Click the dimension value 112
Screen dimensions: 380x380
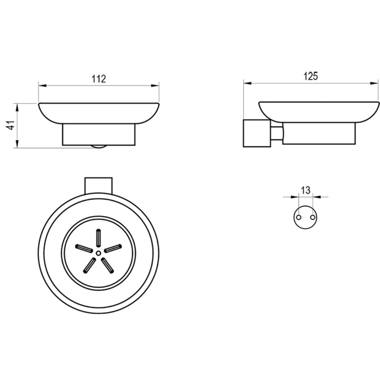(99, 79)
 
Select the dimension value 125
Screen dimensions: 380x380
(310, 76)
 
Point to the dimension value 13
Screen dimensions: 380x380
(306, 190)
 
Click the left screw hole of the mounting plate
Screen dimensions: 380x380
(299, 217)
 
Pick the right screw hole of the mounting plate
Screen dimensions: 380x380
(313, 217)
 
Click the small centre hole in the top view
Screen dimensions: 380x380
(99, 253)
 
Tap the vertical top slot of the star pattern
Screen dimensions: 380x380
(99, 237)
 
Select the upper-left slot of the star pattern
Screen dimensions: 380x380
(84, 248)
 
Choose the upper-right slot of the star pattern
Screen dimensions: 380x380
(113, 248)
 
